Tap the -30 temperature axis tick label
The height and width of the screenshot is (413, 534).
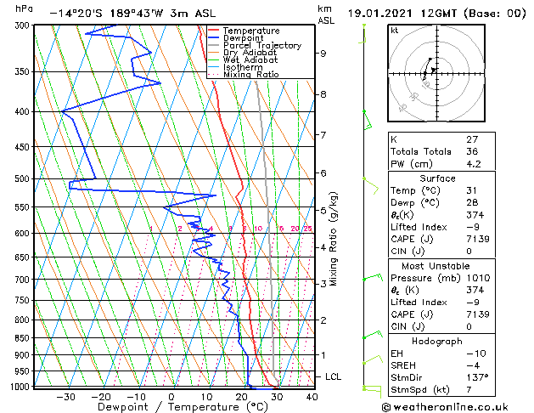[x=65, y=396]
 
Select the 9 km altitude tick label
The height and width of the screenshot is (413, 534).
[x=323, y=54]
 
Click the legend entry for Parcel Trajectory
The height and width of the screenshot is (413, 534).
[x=261, y=46]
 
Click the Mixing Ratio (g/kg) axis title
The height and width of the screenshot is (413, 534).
[x=334, y=239]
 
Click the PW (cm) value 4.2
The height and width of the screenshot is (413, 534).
[x=473, y=165]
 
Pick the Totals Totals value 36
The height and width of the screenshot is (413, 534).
[x=473, y=151]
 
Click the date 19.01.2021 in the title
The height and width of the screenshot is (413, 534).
[x=379, y=14]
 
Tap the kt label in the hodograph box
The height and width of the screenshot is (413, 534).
[x=394, y=31]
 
